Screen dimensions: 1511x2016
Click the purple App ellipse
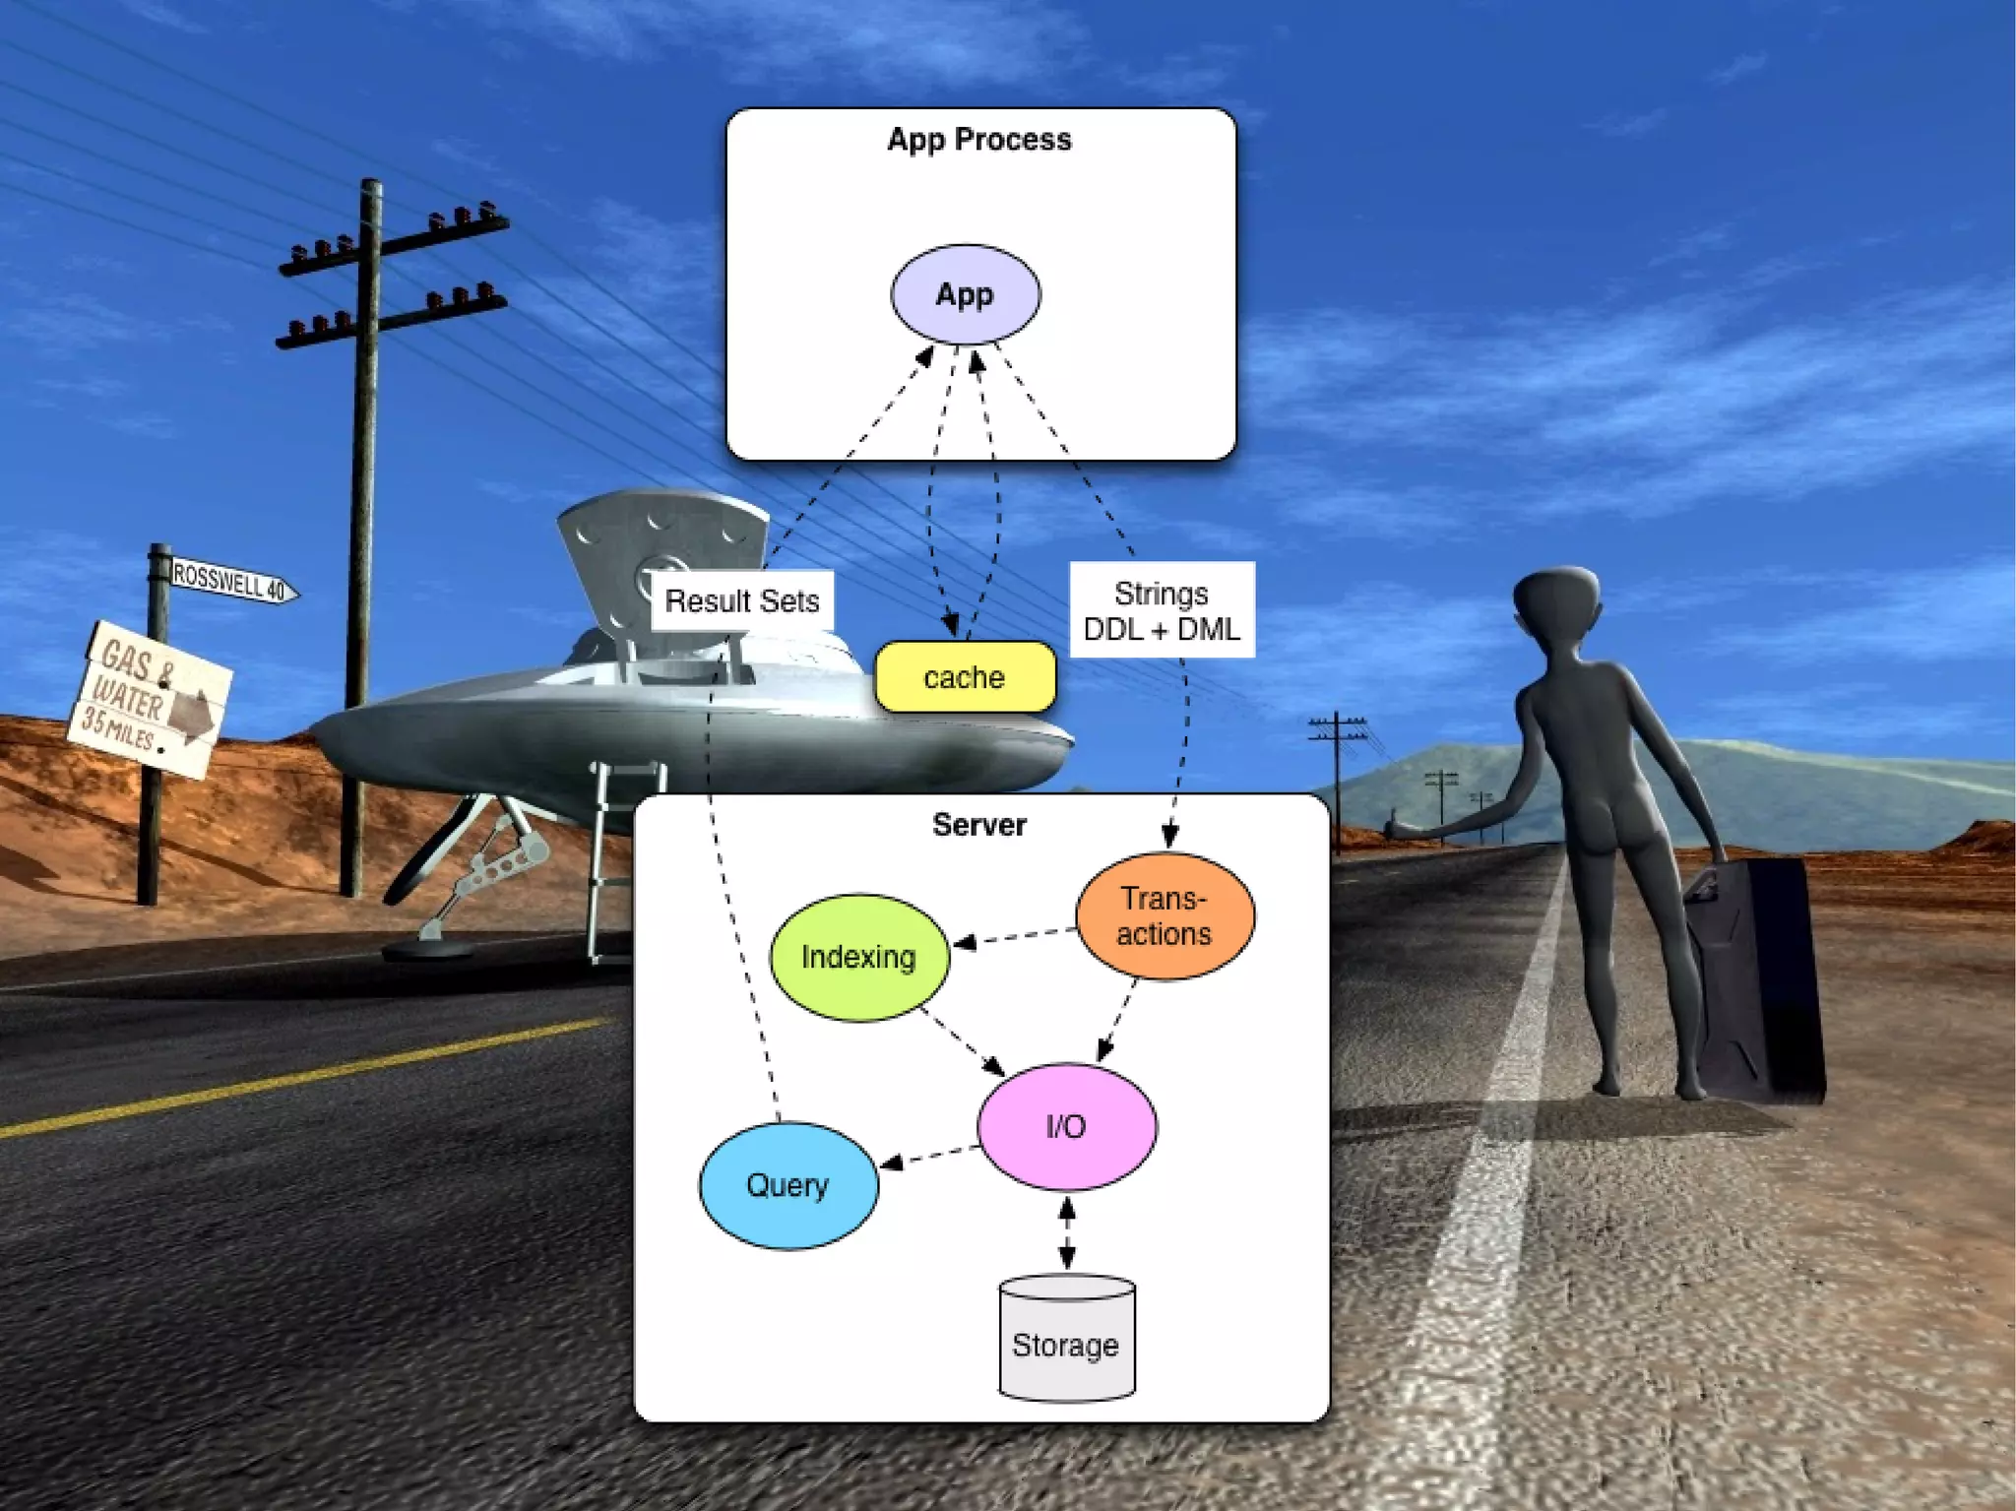pyautogui.click(x=965, y=294)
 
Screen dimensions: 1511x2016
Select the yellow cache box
pyautogui.click(x=965, y=677)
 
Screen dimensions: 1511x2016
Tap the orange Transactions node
pyautogui.click(x=1165, y=916)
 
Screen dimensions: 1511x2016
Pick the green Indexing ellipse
pyautogui.click(x=858, y=957)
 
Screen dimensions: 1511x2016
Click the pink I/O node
pyautogui.click(x=1066, y=1126)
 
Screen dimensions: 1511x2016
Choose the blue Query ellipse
pyautogui.click(x=787, y=1185)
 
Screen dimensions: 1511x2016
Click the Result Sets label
pyautogui.click(x=742, y=600)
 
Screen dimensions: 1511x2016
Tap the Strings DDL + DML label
pyautogui.click(x=1162, y=610)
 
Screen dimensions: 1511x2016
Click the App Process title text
pyautogui.click(x=979, y=140)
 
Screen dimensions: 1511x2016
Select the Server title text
pyautogui.click(x=979, y=825)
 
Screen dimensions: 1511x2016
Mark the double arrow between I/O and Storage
pyautogui.click(x=1067, y=1232)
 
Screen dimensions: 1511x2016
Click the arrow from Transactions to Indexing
pyautogui.click(x=1014, y=937)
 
